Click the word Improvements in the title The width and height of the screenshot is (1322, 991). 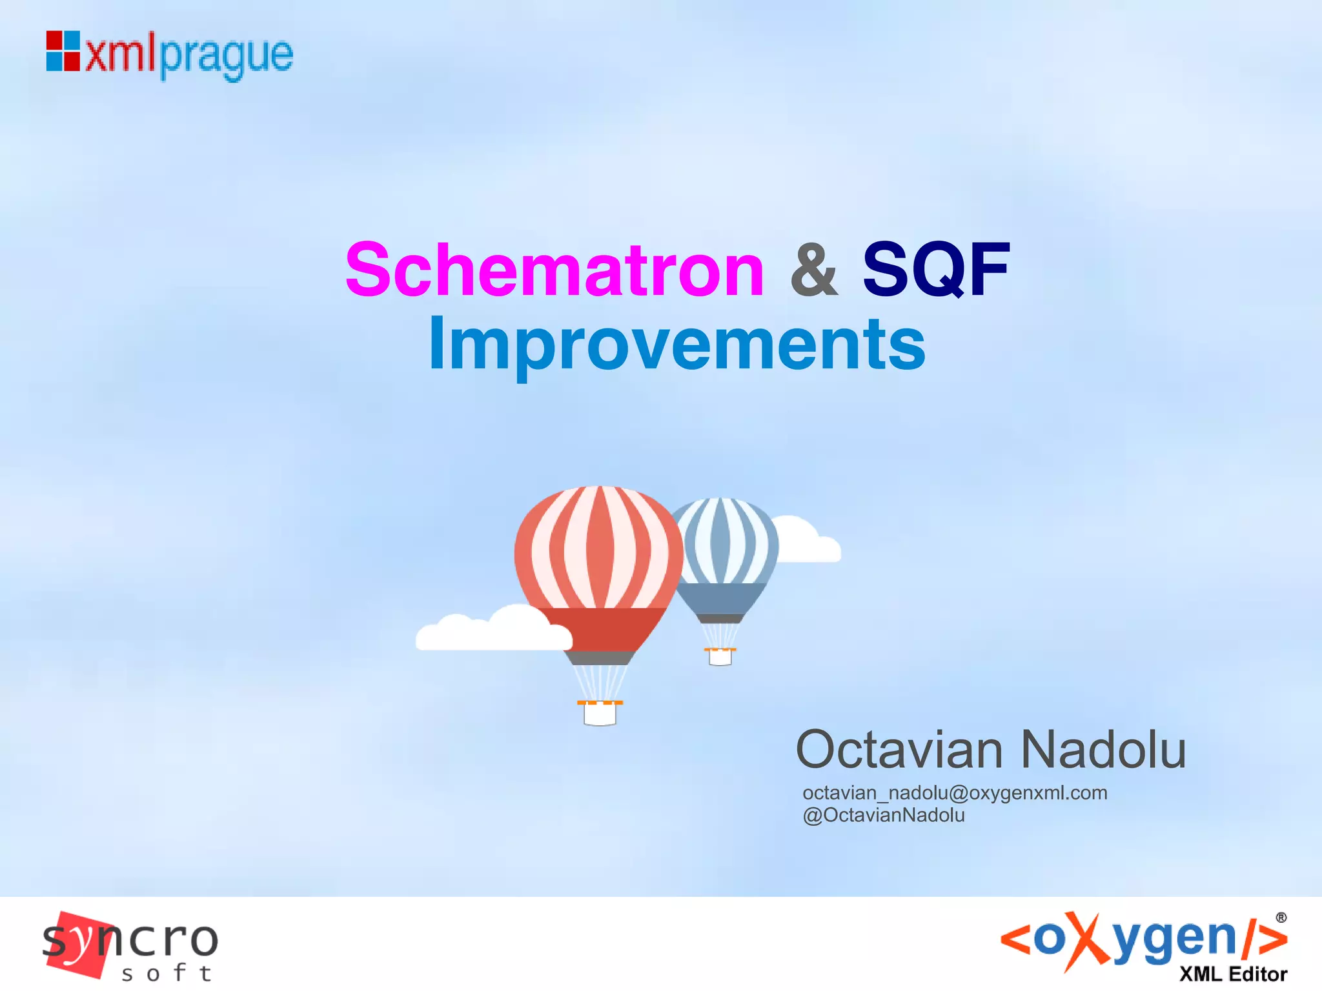pos(676,345)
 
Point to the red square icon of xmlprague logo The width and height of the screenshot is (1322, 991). pos(63,51)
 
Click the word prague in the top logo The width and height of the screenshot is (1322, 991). pos(226,57)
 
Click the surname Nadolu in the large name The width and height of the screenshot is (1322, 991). pos(1103,750)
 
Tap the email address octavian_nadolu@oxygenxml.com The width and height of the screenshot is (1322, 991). pos(955,792)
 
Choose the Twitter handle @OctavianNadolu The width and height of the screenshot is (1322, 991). pos(884,816)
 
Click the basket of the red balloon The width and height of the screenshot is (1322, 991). pos(600,713)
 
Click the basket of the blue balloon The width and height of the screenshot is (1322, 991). pos(720,656)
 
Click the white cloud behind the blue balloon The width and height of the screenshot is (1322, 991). pos(808,542)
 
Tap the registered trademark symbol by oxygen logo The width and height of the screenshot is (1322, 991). pos(1281,917)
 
